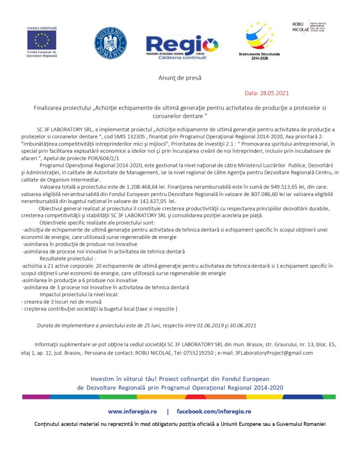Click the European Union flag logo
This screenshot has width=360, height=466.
42,41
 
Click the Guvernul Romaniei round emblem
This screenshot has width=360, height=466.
110,43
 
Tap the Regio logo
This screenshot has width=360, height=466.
182,47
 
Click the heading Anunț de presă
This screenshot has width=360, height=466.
180,78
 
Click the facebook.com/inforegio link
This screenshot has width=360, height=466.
213,411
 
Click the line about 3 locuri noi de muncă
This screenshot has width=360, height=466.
61,302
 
